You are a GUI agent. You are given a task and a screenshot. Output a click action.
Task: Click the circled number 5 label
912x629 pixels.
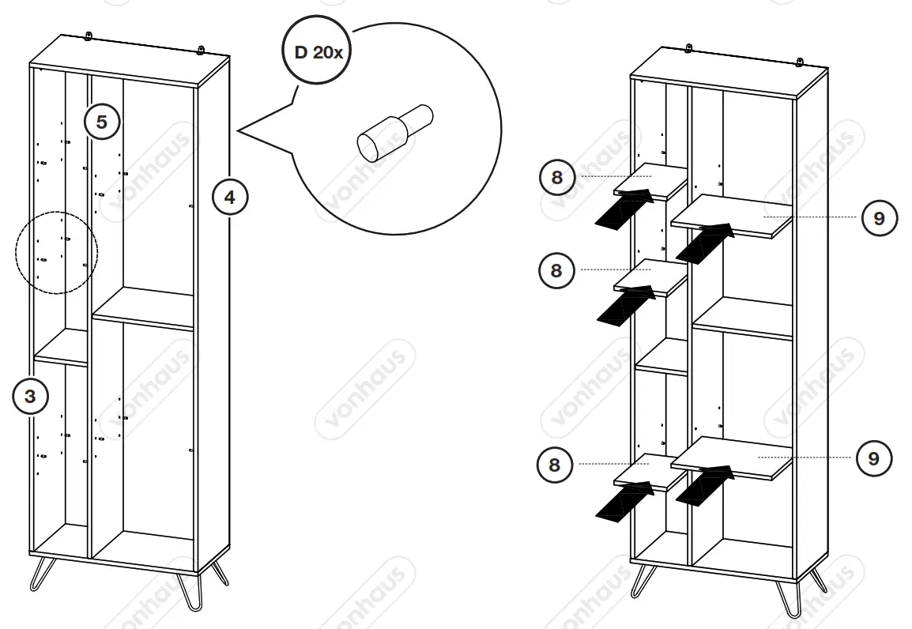102,122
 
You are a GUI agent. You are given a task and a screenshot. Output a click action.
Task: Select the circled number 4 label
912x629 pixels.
229,197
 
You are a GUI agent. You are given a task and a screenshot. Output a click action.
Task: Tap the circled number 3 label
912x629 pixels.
30,397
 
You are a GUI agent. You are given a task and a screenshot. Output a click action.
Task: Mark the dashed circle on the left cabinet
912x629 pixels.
56,253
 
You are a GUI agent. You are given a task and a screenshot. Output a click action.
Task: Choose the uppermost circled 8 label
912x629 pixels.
557,177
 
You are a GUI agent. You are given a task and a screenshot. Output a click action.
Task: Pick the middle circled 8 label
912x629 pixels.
556,270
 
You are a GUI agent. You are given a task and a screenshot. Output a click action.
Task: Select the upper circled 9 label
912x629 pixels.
879,217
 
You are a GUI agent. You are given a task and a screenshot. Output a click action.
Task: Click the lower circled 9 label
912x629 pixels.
873,458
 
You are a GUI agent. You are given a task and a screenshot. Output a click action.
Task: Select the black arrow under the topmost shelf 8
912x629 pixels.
624,209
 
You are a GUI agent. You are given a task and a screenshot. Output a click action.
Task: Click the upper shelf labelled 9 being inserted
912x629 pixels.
731,215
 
